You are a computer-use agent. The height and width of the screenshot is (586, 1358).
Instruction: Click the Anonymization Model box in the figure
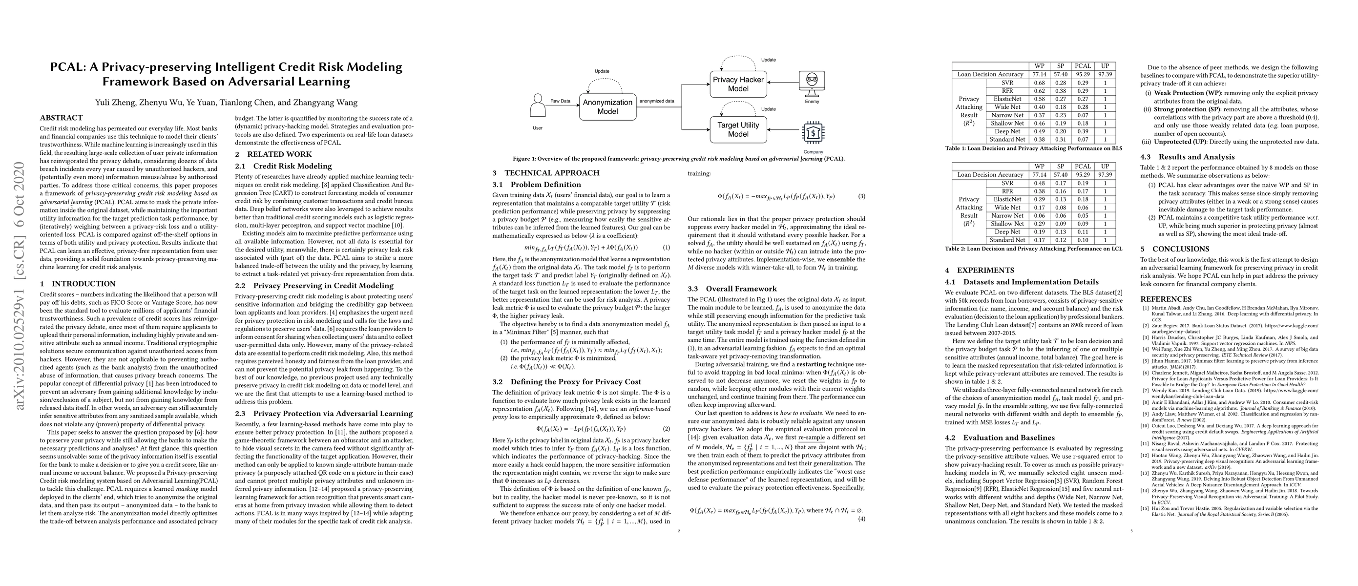pos(607,107)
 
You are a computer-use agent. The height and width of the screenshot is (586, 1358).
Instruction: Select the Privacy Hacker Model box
pos(737,84)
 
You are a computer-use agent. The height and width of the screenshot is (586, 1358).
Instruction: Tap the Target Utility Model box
pos(737,129)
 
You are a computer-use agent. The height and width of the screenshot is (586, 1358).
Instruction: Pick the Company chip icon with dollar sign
pos(813,133)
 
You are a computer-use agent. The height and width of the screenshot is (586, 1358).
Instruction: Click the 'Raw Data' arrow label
pos(561,101)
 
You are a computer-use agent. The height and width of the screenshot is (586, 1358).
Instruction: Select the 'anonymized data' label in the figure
pos(656,101)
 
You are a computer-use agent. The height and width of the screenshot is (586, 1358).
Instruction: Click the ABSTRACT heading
pos(61,118)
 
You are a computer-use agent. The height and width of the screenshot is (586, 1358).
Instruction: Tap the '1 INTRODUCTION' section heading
pos(78,284)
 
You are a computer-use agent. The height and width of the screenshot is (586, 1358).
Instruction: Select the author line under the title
pos(226,103)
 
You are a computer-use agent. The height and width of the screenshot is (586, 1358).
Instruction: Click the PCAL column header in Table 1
pos(1083,66)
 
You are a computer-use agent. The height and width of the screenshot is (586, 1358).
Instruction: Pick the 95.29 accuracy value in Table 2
pos(1083,174)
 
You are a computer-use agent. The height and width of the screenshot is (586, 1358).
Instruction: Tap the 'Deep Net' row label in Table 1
pos(1007,131)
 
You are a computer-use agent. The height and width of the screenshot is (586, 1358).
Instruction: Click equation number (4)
pos(861,519)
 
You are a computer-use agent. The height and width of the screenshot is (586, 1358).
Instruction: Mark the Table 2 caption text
pos(1033,249)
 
